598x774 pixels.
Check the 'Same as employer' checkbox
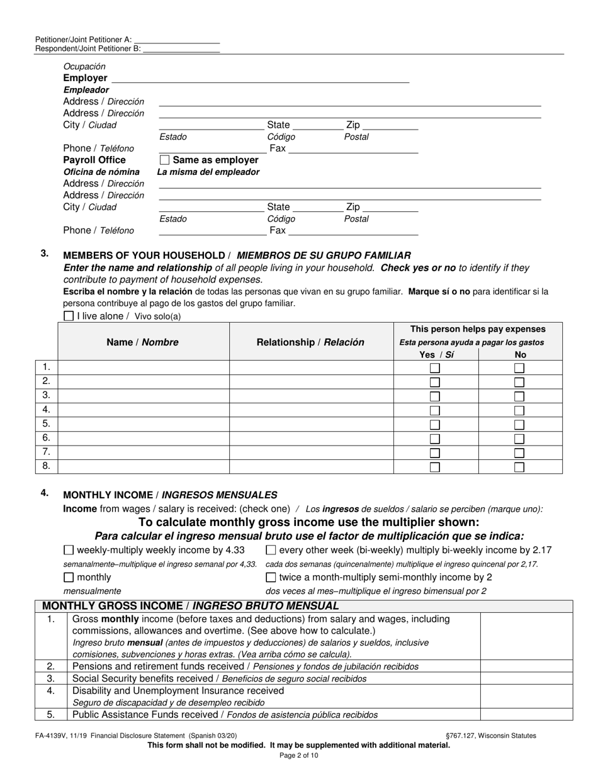pos(164,160)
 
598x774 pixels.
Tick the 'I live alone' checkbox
pos(69,316)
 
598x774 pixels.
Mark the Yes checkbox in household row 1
pos(434,368)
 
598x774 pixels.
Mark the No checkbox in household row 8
pos(519,467)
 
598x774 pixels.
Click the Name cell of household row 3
pos(144,396)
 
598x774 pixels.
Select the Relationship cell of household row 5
pos(311,424)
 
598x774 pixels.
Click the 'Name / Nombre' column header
pos(143,342)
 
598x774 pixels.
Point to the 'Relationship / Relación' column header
pos(310,342)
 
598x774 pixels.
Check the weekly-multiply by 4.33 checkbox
pos(69,550)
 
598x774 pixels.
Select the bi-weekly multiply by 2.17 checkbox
pos(271,550)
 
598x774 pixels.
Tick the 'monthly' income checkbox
pos(69,577)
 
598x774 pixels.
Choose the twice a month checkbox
pos(271,577)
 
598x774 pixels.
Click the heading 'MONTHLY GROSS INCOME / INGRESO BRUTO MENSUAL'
pos(190,606)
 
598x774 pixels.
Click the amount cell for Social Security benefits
pos(526,678)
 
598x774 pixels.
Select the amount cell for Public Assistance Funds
pos(526,714)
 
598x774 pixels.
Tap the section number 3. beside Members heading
pos(45,253)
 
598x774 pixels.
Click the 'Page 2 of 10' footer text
pos(299,755)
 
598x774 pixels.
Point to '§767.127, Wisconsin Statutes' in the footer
pos(490,735)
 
